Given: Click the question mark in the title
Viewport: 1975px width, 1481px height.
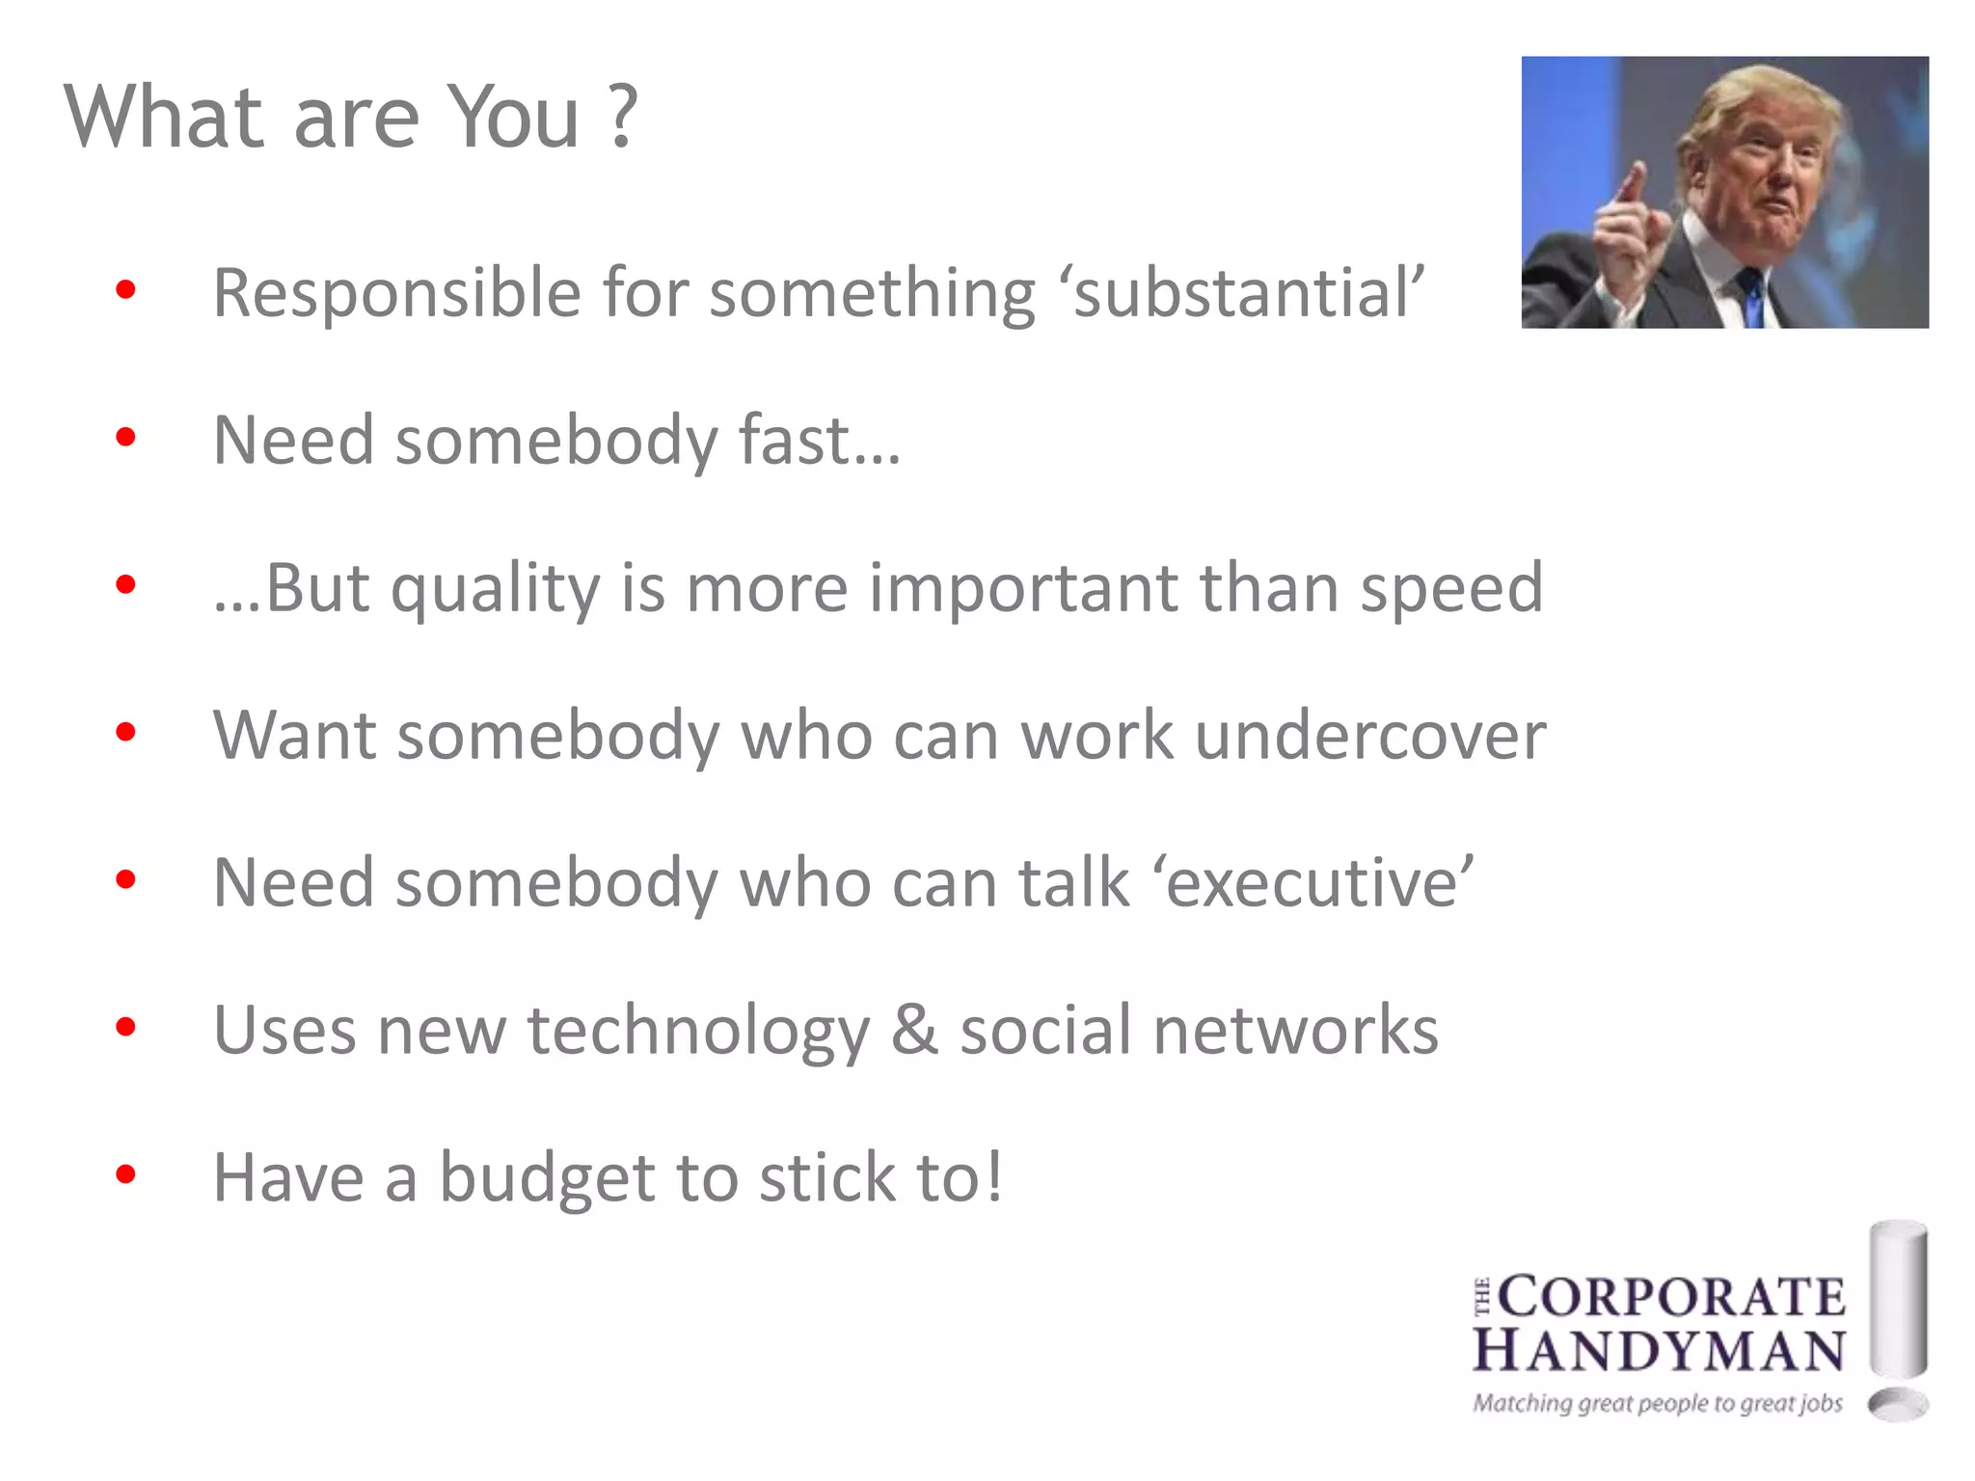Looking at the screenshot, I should pyautogui.click(x=623, y=116).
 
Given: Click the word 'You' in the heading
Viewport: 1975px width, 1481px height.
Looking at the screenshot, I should pyautogui.click(x=515, y=118).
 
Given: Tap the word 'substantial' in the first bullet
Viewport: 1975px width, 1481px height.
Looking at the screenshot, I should pyautogui.click(x=1243, y=293).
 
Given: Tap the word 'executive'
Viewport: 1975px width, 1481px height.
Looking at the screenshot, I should pyautogui.click(x=1319, y=883).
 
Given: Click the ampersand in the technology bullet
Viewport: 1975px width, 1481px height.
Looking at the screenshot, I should pyautogui.click(x=914, y=1030).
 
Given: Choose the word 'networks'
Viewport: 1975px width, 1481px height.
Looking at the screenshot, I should pyautogui.click(x=1295, y=1030).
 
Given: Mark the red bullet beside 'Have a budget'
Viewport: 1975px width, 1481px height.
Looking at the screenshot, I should pyautogui.click(x=125, y=1174).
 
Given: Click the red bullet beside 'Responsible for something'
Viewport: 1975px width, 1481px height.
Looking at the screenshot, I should pyautogui.click(x=125, y=289).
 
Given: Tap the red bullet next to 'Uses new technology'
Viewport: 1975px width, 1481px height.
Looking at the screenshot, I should pyautogui.click(x=125, y=1027).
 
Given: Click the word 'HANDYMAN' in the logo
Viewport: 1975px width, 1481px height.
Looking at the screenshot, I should pyautogui.click(x=1659, y=1350).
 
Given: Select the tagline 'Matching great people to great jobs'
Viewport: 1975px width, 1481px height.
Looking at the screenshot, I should pyautogui.click(x=1657, y=1403).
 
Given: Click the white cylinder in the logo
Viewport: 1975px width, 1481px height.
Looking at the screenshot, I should pyautogui.click(x=1898, y=1297).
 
